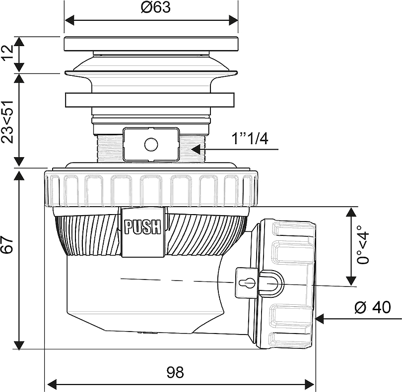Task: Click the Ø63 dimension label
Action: [x=156, y=7]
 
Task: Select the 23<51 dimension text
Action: [x=7, y=121]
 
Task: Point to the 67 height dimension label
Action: [x=7, y=245]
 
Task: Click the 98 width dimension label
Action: [x=175, y=373]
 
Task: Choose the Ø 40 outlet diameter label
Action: [x=373, y=307]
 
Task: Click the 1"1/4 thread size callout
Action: [x=250, y=139]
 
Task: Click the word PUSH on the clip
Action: [x=142, y=227]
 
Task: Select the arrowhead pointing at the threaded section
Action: [x=196, y=149]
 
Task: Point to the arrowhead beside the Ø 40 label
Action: [x=320, y=319]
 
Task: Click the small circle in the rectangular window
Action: [x=151, y=145]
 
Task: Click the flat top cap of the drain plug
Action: [x=151, y=44]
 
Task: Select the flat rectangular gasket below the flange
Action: [x=150, y=100]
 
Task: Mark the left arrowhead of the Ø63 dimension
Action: [x=69, y=20]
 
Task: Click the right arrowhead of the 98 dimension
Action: [x=310, y=384]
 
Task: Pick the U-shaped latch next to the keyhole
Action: [x=271, y=283]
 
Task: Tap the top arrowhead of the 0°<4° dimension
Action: [x=351, y=212]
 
